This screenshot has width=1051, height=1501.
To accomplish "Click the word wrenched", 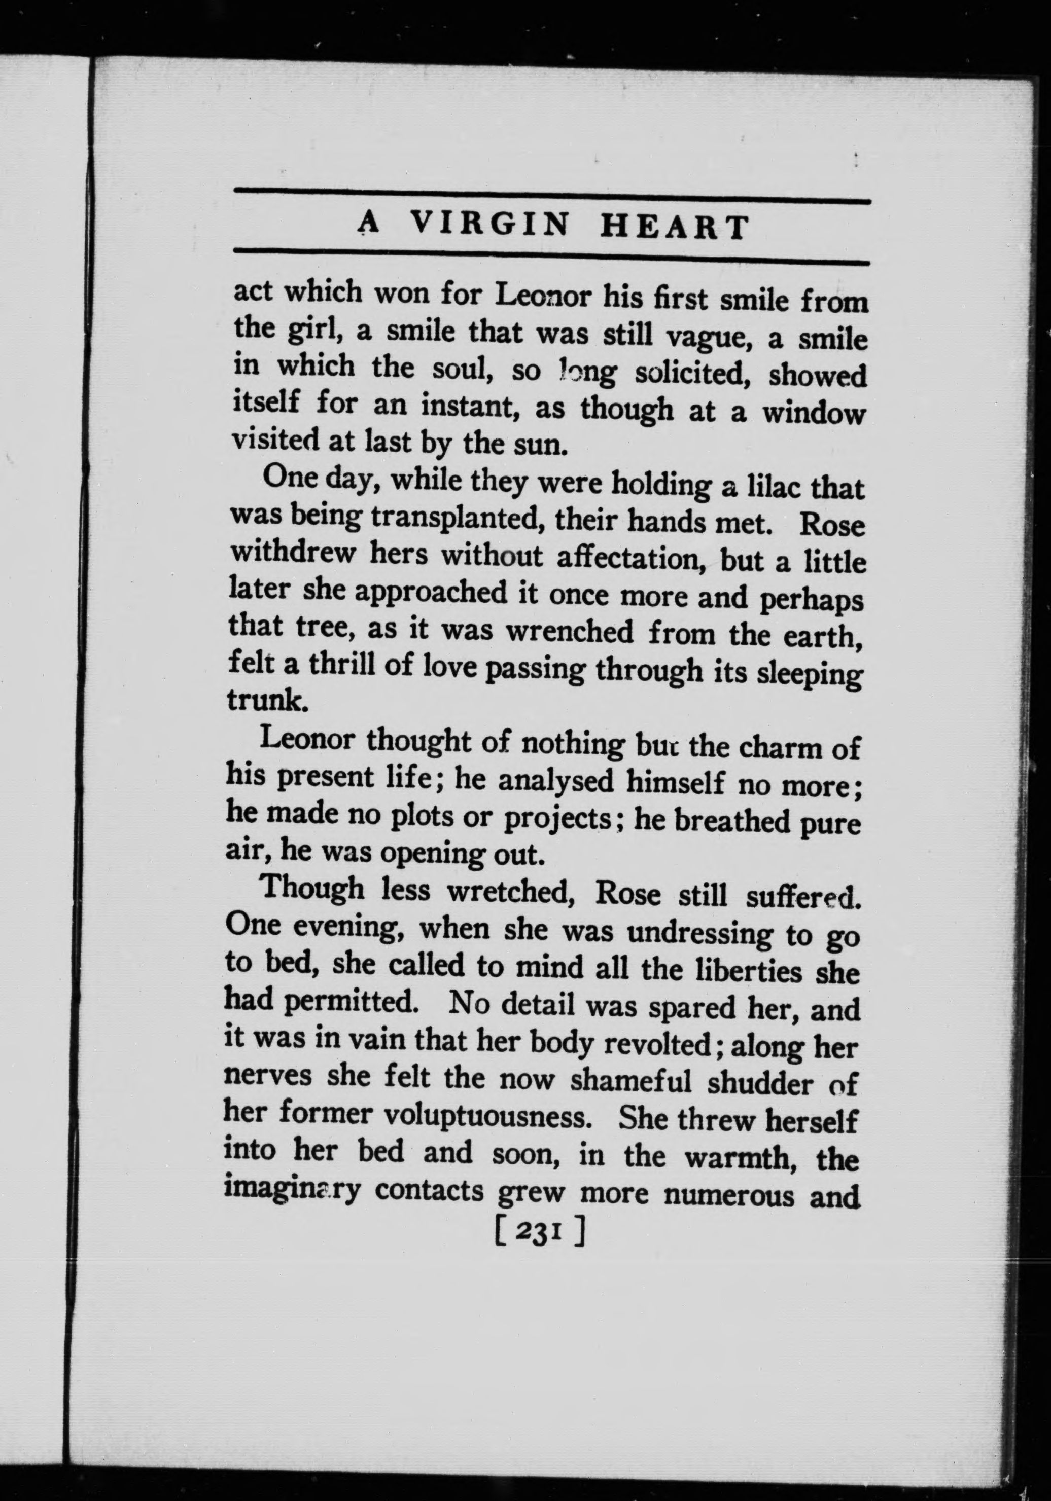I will click(570, 632).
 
